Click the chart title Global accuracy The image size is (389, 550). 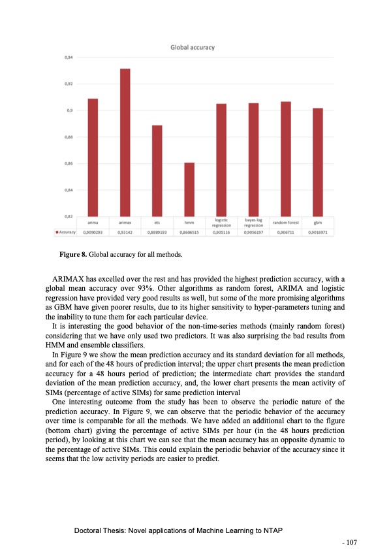193,47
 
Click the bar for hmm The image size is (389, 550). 189,189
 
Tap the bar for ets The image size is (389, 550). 157,170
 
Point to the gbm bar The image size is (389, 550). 318,161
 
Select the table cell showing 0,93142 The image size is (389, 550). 125,231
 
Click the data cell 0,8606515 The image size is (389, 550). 189,231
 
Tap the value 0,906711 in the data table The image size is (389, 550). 286,231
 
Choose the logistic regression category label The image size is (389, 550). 221,223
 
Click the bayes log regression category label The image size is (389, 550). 253,223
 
